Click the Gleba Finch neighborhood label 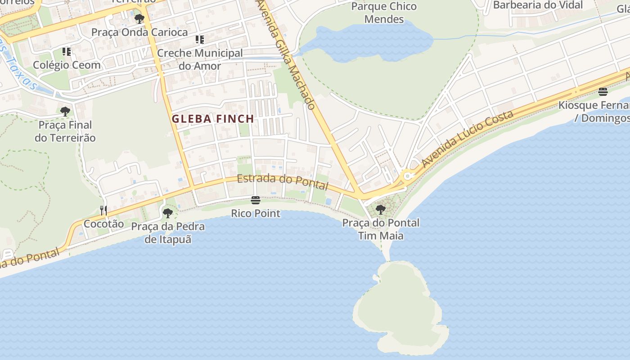coord(213,119)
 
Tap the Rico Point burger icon coord(256,200)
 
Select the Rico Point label coord(256,213)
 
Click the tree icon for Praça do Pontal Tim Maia coord(381,209)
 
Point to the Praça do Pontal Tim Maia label coord(381,229)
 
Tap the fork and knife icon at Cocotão coord(103,210)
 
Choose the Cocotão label coord(103,224)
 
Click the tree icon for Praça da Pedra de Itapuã coord(168,213)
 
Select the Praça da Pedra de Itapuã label coord(168,233)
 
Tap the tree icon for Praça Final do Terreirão coord(65,111)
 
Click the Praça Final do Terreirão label coord(65,131)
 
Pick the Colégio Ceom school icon coord(67,52)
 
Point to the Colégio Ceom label coord(67,65)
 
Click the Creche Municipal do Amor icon coord(200,40)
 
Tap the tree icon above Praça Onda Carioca coord(139,19)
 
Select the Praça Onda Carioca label coord(139,32)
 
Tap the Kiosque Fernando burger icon coord(603,92)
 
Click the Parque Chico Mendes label coord(384,13)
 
